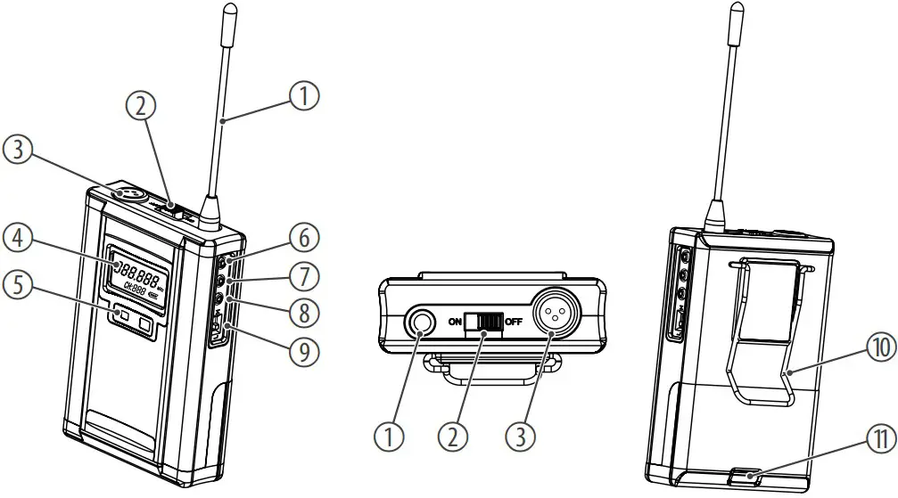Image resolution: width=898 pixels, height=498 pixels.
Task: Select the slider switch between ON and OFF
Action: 484,323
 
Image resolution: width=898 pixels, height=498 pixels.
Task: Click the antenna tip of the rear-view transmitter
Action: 736,11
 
